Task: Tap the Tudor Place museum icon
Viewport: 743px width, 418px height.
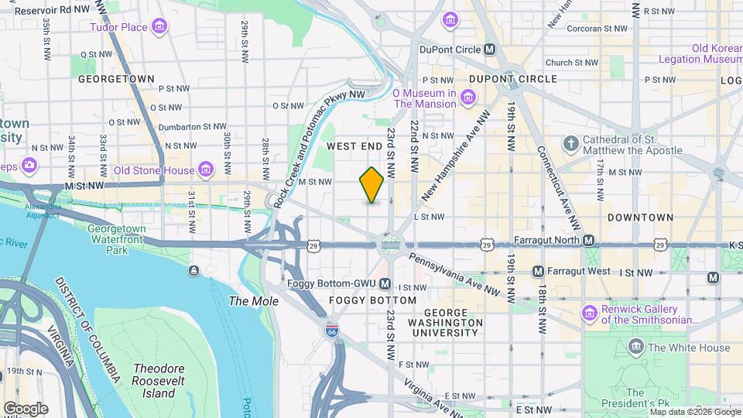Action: (159, 28)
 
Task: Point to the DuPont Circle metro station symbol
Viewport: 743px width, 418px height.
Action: (489, 49)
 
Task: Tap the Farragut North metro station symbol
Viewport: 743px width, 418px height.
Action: (588, 241)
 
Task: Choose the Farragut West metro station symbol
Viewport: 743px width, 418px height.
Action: (538, 272)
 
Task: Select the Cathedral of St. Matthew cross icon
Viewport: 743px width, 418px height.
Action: (571, 144)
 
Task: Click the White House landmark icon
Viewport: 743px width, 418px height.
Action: (636, 347)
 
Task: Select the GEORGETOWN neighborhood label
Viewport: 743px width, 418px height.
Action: (116, 79)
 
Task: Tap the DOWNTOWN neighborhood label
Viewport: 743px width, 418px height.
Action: (640, 218)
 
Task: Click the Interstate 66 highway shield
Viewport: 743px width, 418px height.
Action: (332, 330)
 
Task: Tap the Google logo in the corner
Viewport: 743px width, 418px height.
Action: (26, 408)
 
